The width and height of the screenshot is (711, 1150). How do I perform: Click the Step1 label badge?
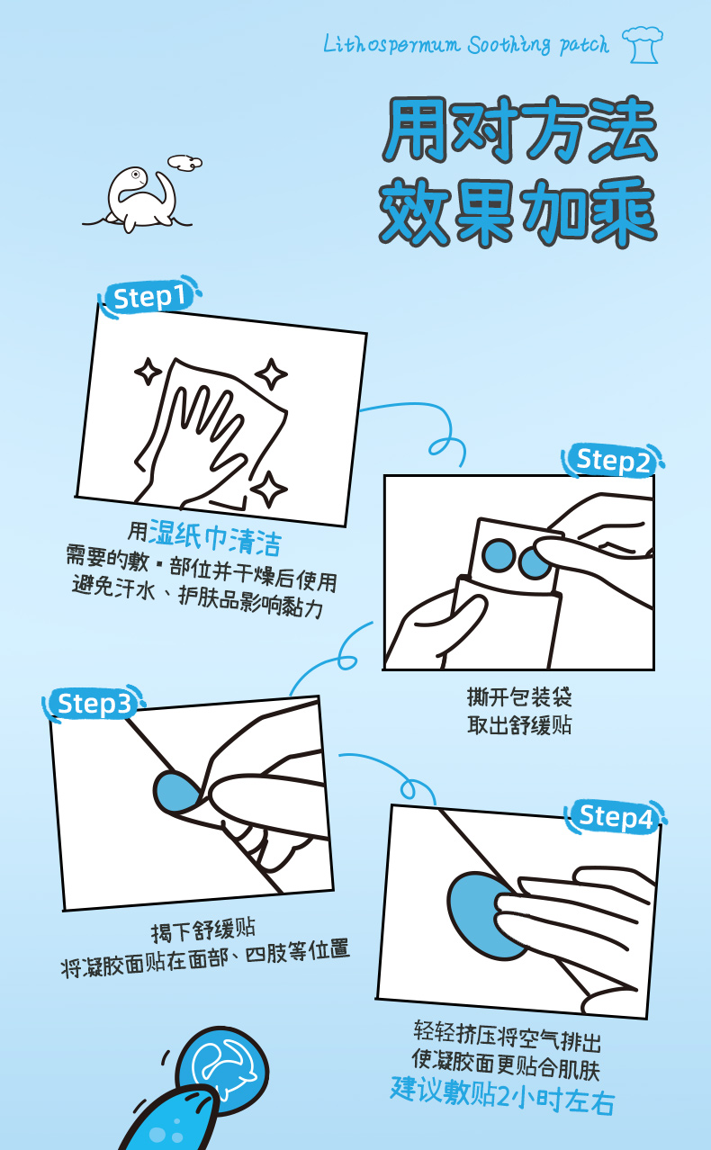click(x=148, y=297)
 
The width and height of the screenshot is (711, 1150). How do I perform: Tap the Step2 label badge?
click(x=612, y=460)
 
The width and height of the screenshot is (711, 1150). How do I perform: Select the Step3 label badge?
click(x=94, y=704)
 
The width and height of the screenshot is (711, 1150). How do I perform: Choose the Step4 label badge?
click(x=615, y=816)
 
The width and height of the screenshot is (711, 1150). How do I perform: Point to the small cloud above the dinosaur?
click(x=184, y=163)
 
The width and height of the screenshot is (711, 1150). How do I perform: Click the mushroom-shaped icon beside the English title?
click(x=643, y=45)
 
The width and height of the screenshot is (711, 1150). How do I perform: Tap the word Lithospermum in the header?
click(x=391, y=45)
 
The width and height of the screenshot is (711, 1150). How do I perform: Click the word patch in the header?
click(x=584, y=45)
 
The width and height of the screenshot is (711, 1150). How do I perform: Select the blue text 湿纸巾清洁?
click(x=215, y=538)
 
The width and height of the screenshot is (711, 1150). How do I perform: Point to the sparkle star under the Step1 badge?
click(x=148, y=371)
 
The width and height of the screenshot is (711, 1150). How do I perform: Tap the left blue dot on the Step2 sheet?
click(x=499, y=555)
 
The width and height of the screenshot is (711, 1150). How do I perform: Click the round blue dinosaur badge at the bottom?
click(x=222, y=1071)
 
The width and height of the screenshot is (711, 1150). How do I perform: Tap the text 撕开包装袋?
click(x=519, y=697)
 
